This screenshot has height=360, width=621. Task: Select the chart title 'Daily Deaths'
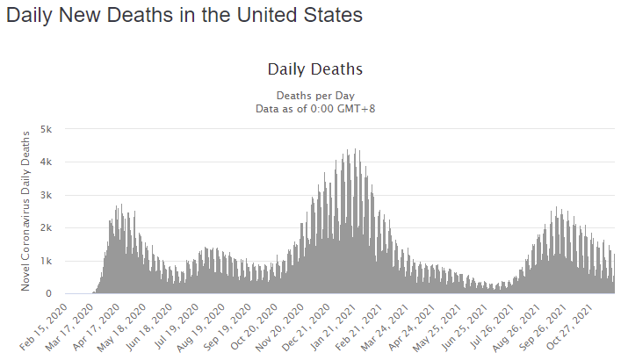[x=314, y=68]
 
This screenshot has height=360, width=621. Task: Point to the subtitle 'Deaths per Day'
[x=315, y=95]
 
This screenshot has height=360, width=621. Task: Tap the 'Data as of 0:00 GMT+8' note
[x=315, y=108]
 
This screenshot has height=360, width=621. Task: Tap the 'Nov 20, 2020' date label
[x=291, y=326]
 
